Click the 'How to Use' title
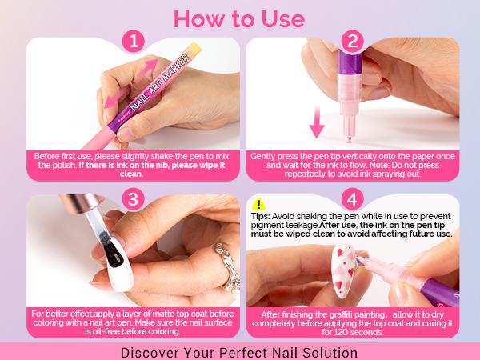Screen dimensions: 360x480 (239, 18)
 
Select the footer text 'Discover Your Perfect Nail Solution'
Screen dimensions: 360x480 (239, 351)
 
